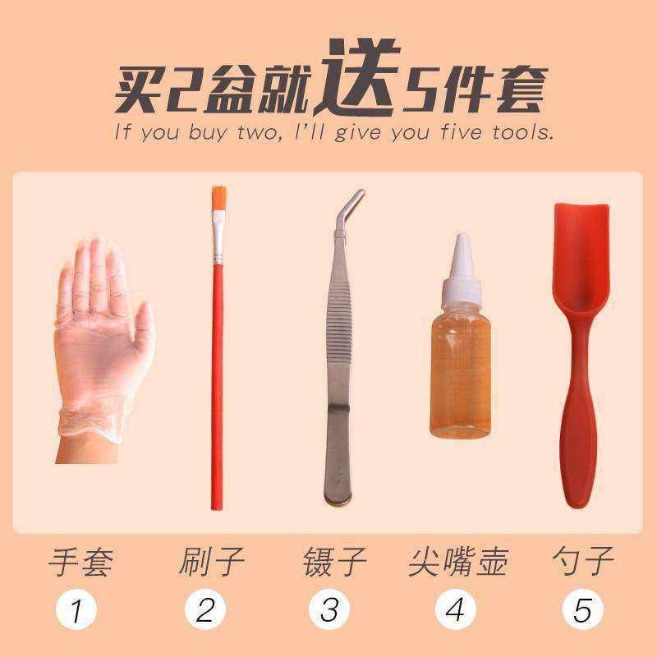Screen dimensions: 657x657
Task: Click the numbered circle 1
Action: (x=76, y=610)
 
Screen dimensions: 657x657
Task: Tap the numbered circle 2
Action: (x=205, y=610)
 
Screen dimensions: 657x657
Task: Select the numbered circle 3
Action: (x=329, y=610)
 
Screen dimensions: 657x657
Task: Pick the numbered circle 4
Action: (x=455, y=610)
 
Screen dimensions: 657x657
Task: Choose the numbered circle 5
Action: (x=582, y=610)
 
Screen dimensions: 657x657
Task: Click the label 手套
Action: (x=80, y=563)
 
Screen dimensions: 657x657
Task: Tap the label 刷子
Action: (x=211, y=563)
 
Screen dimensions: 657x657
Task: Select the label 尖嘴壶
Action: (x=458, y=563)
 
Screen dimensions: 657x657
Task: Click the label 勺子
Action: (x=583, y=563)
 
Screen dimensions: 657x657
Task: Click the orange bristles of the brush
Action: (x=218, y=197)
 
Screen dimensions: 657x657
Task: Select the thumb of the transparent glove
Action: (x=144, y=328)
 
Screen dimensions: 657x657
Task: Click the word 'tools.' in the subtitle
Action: (x=522, y=131)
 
